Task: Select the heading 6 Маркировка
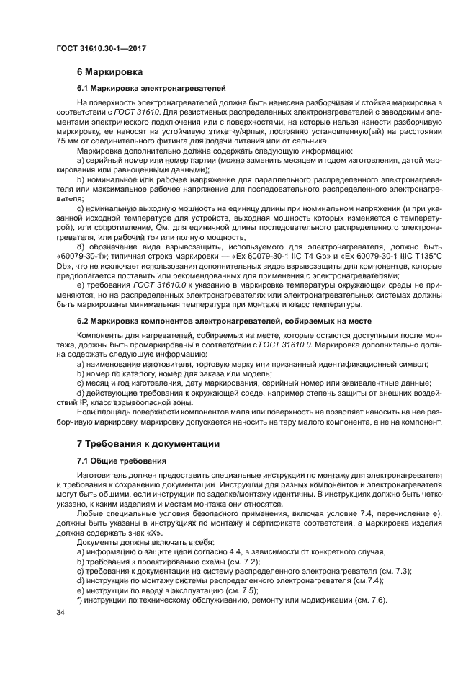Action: [109, 72]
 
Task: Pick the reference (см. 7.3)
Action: [393, 571]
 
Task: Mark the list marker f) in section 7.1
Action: [80, 600]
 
